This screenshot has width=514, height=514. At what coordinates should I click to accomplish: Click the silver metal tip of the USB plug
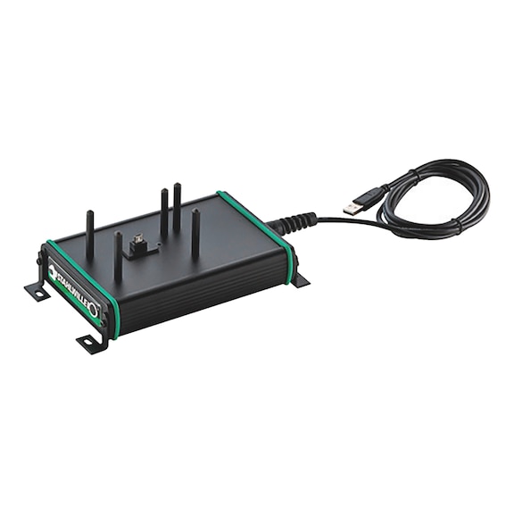tap(353, 207)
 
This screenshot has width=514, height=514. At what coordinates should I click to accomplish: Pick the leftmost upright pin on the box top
tap(89, 234)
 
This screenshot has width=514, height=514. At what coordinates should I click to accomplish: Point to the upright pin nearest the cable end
tap(195, 232)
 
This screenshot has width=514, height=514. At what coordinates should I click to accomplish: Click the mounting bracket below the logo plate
tap(91, 342)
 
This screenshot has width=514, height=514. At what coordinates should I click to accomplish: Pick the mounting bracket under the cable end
tap(300, 279)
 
